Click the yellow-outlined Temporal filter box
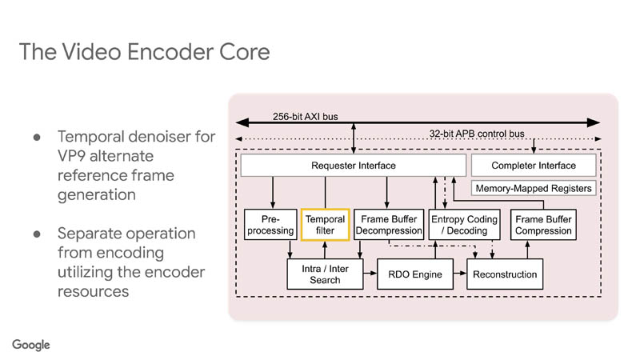click(x=325, y=225)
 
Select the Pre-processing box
click(x=270, y=225)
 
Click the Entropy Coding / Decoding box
click(x=464, y=225)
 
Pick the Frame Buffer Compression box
click(x=543, y=225)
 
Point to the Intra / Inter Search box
click(x=325, y=274)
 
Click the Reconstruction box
click(x=505, y=274)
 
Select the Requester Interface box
click(x=353, y=166)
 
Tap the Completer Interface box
click(x=533, y=166)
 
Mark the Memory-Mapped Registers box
click(x=534, y=189)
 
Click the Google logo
click(x=31, y=345)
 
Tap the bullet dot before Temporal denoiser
click(x=37, y=137)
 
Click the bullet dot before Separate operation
click(x=37, y=234)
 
